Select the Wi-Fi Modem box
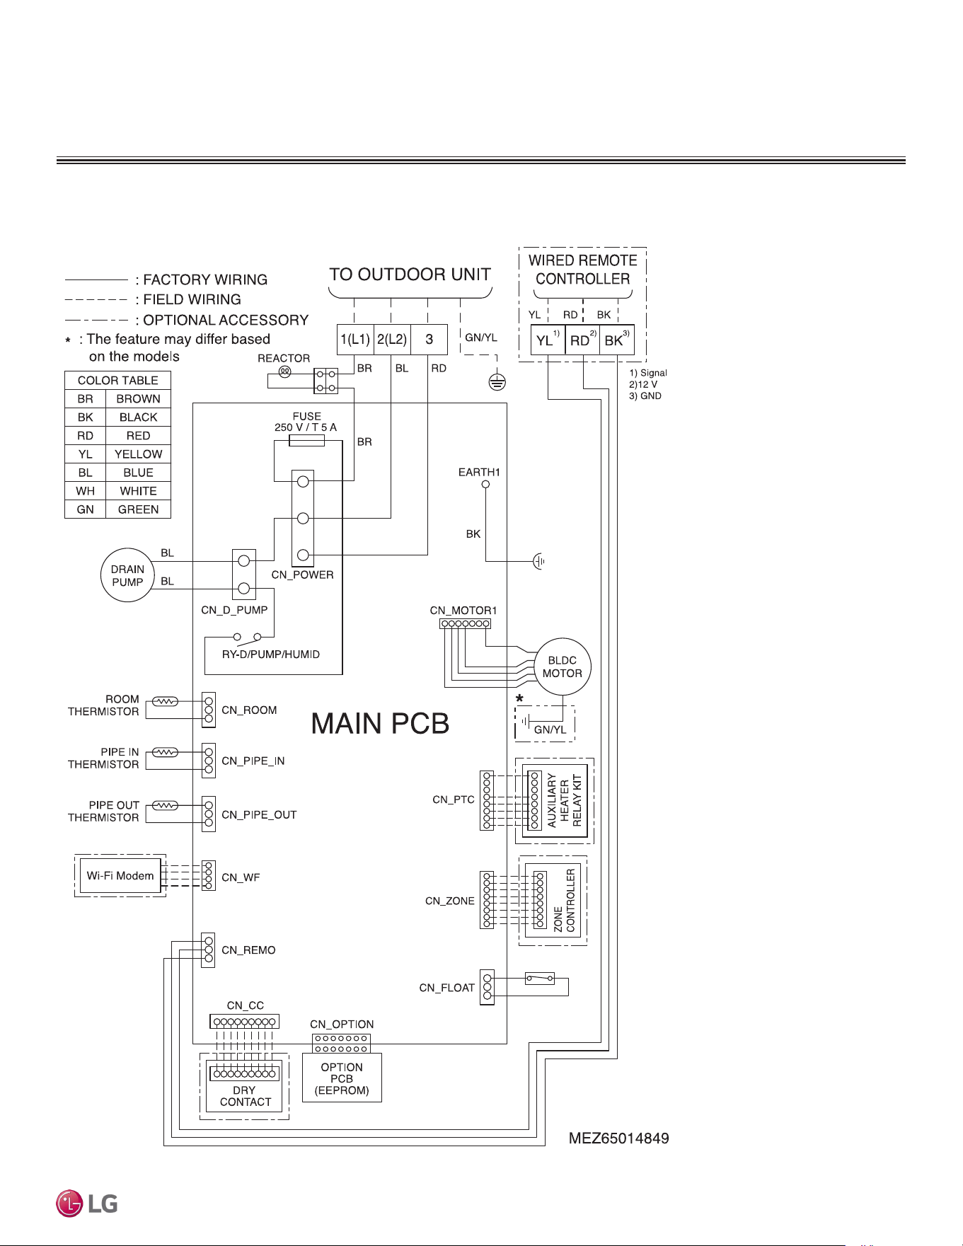[120, 876]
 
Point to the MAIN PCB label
[381, 723]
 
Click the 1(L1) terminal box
[355, 340]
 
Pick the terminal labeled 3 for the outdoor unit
[429, 340]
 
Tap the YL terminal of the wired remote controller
[548, 340]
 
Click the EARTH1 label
[479, 472]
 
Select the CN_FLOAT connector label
[446, 988]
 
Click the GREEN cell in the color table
[138, 509]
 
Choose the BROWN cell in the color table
[138, 399]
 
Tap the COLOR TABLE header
[117, 381]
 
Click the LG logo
[87, 1204]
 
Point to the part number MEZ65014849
[619, 1138]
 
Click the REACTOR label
[284, 358]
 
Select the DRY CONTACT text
[245, 1096]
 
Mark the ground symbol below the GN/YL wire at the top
[497, 383]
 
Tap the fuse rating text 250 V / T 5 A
[306, 427]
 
